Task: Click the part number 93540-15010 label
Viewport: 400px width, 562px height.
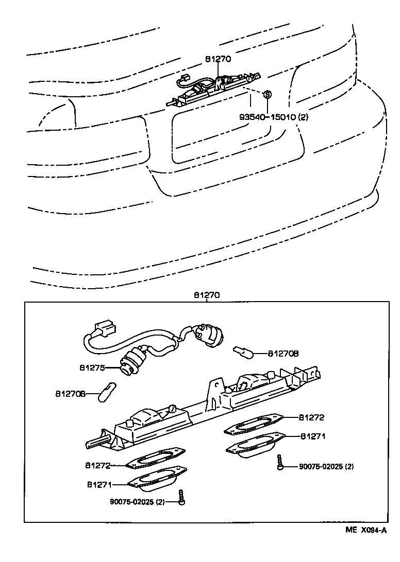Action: click(x=273, y=117)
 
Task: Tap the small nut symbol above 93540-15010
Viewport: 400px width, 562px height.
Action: click(x=267, y=95)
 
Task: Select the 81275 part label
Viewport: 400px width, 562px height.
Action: click(x=92, y=368)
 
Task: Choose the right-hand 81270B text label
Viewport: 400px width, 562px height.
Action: click(x=284, y=354)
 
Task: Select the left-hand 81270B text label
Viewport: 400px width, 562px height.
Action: click(x=70, y=394)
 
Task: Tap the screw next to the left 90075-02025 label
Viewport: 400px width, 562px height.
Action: click(x=181, y=497)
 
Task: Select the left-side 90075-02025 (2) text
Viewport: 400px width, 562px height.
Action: click(x=137, y=502)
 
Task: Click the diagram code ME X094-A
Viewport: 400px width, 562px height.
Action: click(x=365, y=531)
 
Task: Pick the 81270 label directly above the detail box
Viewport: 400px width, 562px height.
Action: click(x=207, y=295)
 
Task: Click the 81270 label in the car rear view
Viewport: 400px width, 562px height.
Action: click(x=218, y=59)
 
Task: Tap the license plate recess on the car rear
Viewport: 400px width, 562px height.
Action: click(x=223, y=136)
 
